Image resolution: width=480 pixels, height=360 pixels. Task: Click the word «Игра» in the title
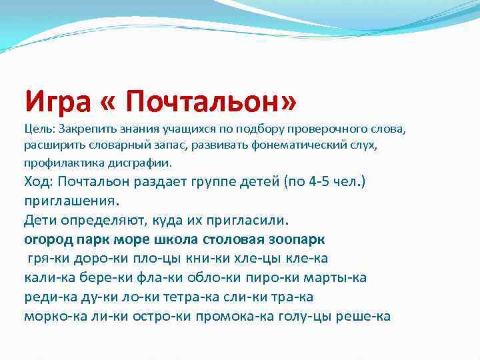pyautogui.click(x=61, y=101)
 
